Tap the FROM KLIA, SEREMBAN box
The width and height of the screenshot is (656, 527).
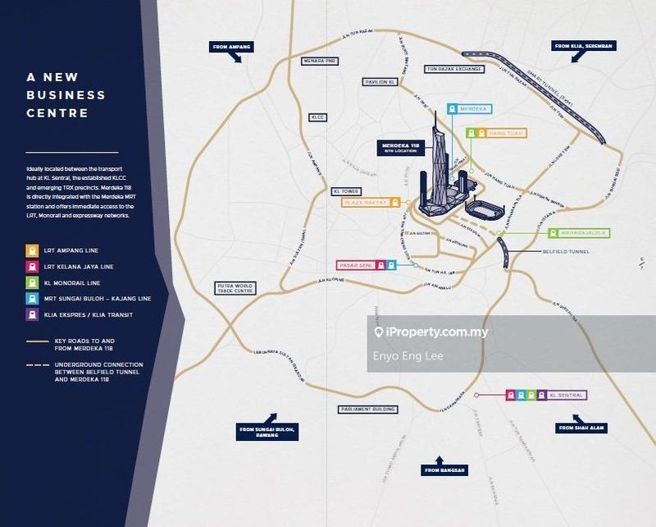click(583, 47)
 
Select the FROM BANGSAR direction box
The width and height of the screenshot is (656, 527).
click(444, 470)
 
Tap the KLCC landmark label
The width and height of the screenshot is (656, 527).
click(317, 117)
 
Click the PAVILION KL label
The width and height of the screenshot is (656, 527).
click(380, 82)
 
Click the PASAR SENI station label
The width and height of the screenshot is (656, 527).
click(357, 265)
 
